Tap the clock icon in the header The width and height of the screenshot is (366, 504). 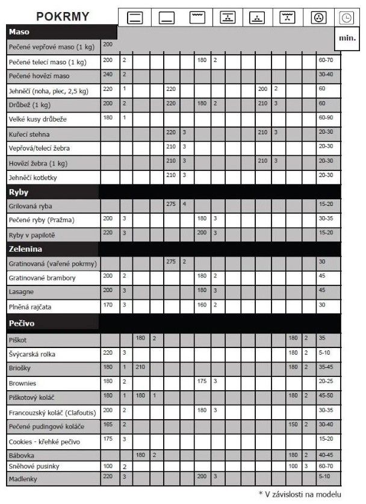(x=346, y=19)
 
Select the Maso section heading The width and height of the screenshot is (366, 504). (x=20, y=31)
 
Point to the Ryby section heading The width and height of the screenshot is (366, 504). (x=20, y=191)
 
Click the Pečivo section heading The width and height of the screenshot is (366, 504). (x=23, y=323)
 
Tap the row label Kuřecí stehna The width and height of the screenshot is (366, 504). (x=29, y=133)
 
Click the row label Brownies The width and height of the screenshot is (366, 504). (x=23, y=382)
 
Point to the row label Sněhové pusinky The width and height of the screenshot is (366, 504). (x=34, y=466)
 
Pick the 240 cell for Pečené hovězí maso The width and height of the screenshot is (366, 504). (x=108, y=74)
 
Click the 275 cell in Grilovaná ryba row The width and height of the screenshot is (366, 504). (x=170, y=205)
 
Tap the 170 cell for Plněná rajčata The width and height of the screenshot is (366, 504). (x=108, y=305)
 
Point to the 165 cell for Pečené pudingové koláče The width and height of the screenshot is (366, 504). (x=108, y=425)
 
